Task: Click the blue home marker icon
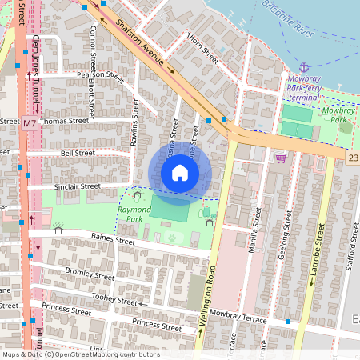180,173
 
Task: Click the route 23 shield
353,159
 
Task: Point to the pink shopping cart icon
280,158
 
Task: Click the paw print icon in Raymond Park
173,237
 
